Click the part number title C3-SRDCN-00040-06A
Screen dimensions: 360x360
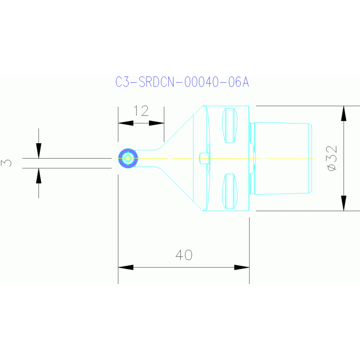tap(182, 82)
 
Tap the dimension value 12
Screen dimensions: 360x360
tap(141, 111)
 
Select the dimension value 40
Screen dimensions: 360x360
tap(184, 255)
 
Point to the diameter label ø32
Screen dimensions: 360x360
tap(331, 158)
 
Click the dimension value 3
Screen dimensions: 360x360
tap(7, 163)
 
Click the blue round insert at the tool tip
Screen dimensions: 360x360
tap(128, 159)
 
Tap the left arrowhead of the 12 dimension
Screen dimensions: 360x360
tap(125, 123)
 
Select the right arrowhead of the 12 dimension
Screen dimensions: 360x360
tap(157, 123)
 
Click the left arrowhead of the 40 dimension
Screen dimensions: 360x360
tap(125, 268)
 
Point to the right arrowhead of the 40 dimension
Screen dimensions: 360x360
tap(241, 268)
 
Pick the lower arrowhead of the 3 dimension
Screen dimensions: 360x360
tap(38, 175)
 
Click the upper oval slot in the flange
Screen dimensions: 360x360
tap(229, 125)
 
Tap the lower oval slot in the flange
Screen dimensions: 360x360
tap(229, 191)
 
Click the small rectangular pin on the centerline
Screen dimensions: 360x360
tap(204, 158)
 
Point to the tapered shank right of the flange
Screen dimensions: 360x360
tap(282, 158)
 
